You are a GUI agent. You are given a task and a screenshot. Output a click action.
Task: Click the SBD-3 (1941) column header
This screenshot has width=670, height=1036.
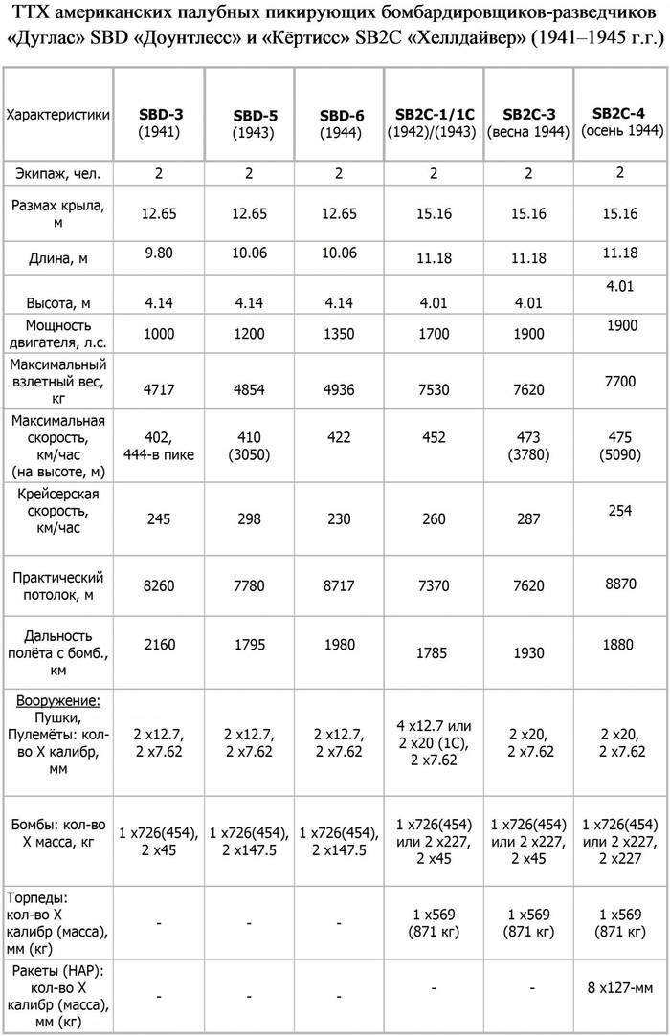coord(160,121)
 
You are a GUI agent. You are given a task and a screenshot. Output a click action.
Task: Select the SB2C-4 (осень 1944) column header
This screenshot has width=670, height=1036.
coord(620,121)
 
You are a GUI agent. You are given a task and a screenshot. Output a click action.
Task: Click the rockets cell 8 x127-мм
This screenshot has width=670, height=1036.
coord(620,985)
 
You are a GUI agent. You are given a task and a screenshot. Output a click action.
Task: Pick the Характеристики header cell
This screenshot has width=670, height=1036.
coord(57,115)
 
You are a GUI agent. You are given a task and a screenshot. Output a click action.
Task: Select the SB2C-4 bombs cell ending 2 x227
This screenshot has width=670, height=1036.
coord(620,841)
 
